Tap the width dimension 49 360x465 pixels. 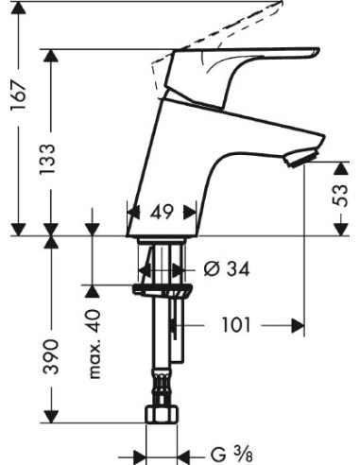tap(162, 213)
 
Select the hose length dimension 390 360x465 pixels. tap(54, 357)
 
